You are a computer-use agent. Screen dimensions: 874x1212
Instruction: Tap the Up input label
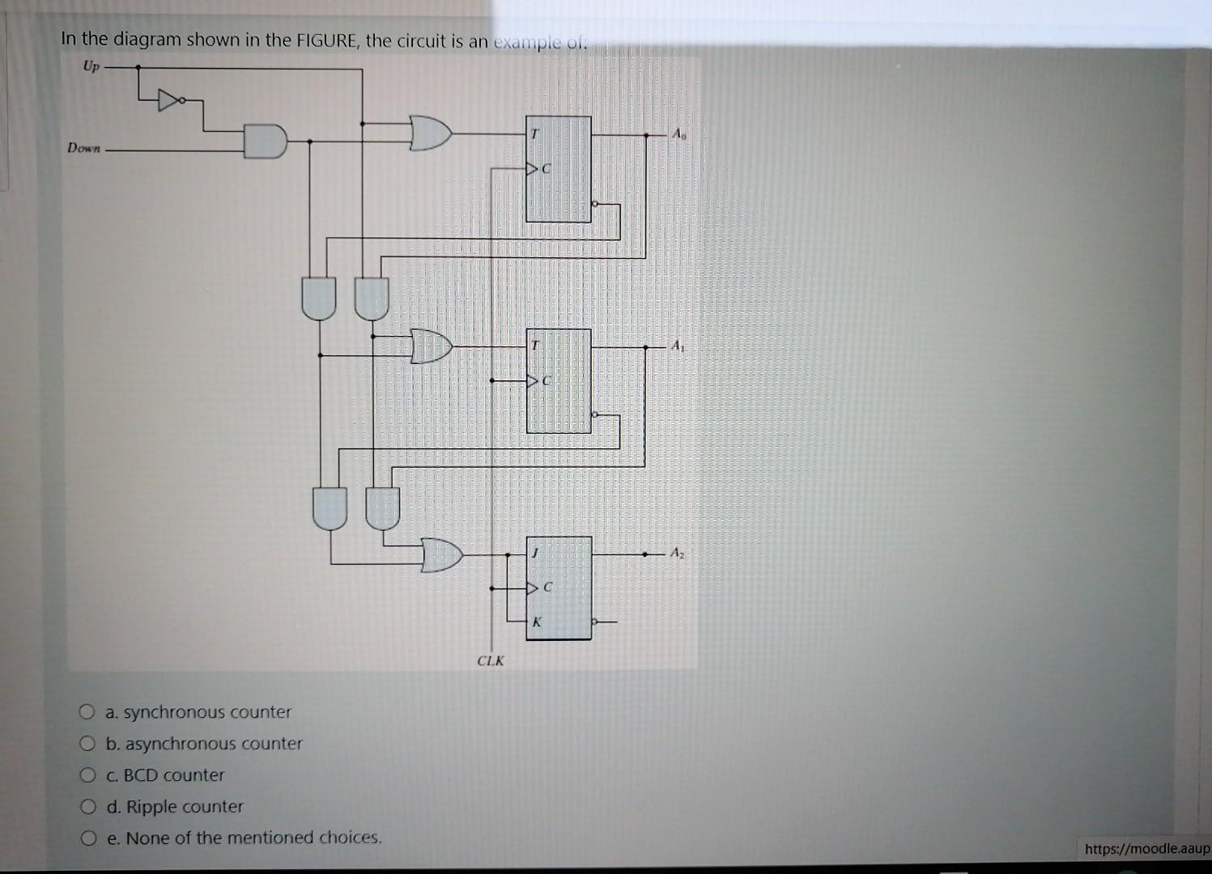[91, 66]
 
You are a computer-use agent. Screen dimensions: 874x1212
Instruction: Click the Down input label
[84, 148]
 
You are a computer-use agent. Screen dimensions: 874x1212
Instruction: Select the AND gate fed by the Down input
[266, 142]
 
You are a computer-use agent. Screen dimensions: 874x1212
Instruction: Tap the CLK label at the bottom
[491, 660]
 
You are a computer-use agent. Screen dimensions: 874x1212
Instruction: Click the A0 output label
[678, 135]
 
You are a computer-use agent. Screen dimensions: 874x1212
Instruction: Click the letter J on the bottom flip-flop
[534, 554]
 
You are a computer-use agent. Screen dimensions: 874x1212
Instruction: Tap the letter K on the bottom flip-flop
[536, 622]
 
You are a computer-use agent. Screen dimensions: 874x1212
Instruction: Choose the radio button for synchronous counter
[87, 712]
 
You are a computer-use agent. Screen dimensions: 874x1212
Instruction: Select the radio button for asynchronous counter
[87, 744]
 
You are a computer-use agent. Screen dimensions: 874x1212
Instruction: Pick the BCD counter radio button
[87, 775]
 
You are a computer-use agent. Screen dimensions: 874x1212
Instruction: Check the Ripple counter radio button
[87, 807]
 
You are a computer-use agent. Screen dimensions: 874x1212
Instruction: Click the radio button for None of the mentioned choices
[87, 838]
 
